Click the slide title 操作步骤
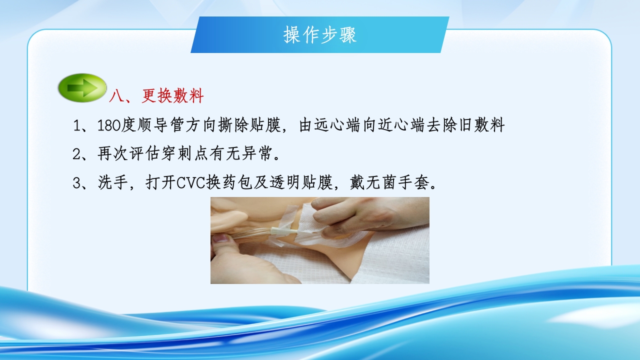coord(320,35)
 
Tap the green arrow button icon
coord(82,88)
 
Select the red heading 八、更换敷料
coord(156,96)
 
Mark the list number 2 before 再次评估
coord(76,154)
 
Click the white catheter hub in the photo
coord(279,230)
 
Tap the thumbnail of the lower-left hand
coord(220,238)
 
